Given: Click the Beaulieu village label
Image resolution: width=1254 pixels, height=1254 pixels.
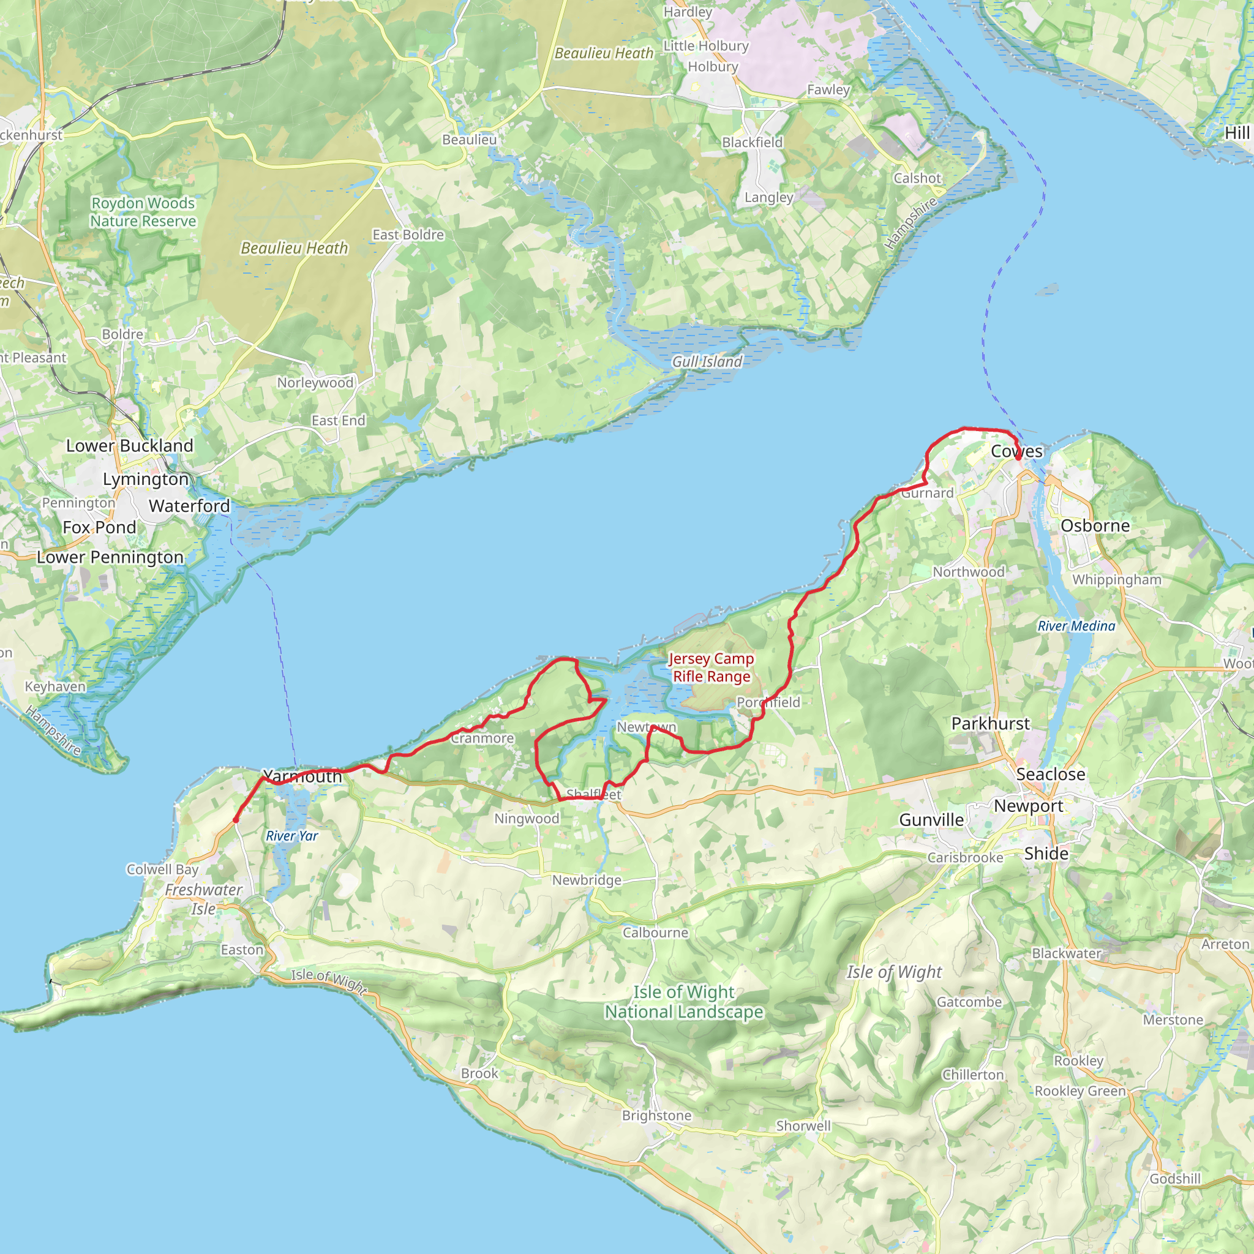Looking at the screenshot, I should [x=469, y=140].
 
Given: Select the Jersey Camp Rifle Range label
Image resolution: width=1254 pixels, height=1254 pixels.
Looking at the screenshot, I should [x=711, y=667].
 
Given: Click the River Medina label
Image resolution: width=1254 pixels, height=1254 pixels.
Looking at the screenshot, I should [x=1076, y=626].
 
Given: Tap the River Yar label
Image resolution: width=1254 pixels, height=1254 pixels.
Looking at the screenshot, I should [x=291, y=835].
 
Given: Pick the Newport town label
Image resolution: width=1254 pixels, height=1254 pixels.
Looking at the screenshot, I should [x=1028, y=806].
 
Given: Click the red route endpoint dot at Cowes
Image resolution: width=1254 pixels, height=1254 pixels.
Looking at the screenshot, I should [x=1018, y=457].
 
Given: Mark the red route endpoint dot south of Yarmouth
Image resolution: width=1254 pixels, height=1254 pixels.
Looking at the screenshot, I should [x=236, y=820].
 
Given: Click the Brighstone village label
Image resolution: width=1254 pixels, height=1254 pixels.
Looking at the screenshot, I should [x=656, y=1115].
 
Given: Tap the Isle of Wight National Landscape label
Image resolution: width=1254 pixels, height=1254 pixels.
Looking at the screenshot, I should [x=683, y=1002].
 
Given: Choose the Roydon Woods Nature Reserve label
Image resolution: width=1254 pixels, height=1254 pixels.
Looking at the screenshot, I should [x=143, y=212].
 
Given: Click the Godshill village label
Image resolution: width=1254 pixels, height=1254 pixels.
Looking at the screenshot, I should [x=1175, y=1178].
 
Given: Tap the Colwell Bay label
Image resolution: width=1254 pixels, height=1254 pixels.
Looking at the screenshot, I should [x=162, y=869].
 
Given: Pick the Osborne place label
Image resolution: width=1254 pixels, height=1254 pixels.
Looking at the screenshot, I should [x=1095, y=525].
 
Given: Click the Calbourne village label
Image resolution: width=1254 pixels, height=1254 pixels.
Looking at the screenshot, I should [x=655, y=932].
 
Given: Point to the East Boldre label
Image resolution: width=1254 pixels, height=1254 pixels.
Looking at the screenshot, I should [x=408, y=235].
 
